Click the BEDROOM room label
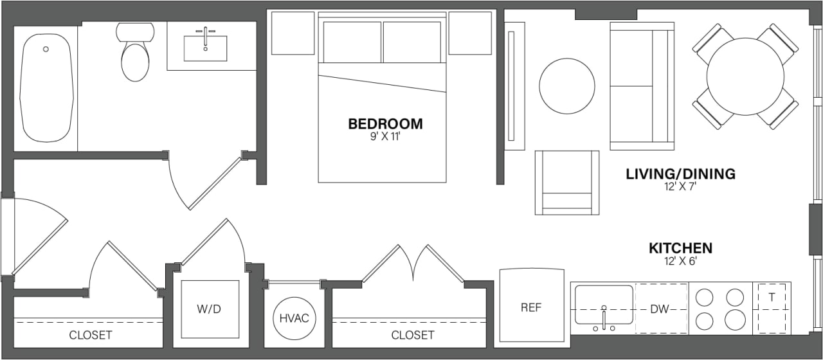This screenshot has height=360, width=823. [385, 123]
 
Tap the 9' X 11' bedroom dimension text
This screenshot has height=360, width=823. [385, 137]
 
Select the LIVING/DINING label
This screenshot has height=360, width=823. [680, 174]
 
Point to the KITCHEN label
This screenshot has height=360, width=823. [680, 248]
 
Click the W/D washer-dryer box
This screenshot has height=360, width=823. [209, 309]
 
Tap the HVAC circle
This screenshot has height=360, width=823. [294, 319]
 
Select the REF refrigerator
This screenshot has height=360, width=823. [531, 307]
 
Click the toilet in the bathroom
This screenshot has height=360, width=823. [135, 55]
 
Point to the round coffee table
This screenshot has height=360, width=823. [566, 87]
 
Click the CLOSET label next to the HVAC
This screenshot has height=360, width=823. [412, 335]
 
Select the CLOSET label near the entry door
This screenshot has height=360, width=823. [90, 335]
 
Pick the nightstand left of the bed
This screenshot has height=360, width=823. [293, 33]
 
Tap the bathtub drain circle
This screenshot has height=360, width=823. [46, 49]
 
